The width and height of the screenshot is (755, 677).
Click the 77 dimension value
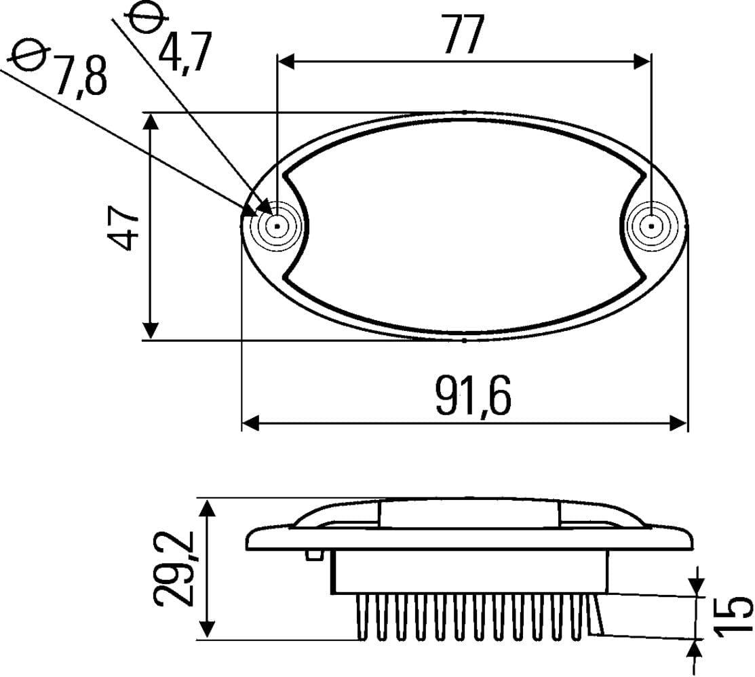tap(464, 34)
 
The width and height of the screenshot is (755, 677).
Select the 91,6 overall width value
tap(473, 395)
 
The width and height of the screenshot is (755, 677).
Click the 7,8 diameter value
tap(79, 76)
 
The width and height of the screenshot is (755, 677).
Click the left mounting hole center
tap(277, 226)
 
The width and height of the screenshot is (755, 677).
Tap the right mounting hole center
tap(651, 226)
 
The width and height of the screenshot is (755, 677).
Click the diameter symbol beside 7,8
tap(30, 54)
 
